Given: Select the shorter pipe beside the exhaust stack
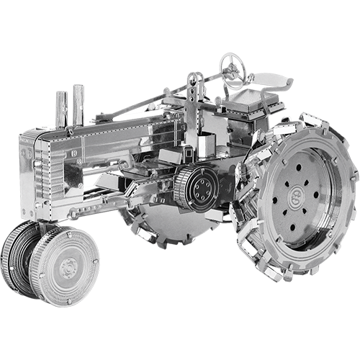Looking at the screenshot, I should click(x=63, y=112).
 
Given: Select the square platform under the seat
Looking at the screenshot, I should click(x=252, y=104).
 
